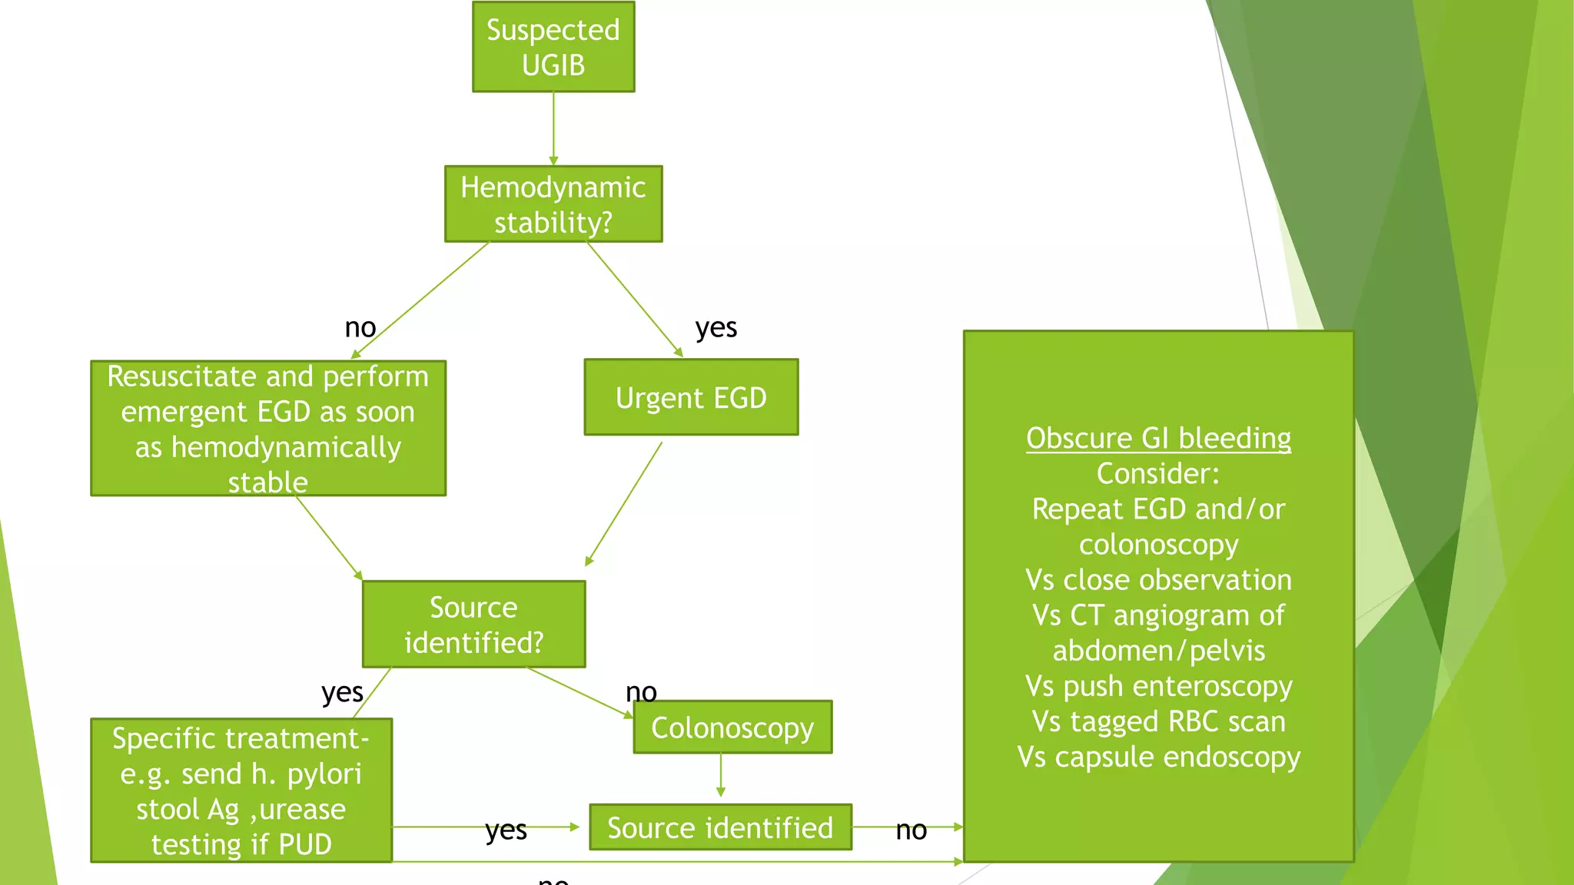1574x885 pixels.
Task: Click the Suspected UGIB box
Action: [553, 47]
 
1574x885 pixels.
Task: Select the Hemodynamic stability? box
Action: [553, 204]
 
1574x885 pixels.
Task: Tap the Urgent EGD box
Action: [691, 397]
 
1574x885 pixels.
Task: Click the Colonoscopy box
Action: [732, 727]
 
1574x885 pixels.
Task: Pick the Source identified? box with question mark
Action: [473, 624]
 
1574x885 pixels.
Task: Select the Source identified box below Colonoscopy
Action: [720, 827]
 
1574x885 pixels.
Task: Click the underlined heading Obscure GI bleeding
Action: [1158, 438]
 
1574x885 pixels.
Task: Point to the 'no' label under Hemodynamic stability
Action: [360, 328]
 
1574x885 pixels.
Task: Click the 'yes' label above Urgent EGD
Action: [716, 328]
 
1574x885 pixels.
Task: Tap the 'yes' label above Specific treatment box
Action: [342, 693]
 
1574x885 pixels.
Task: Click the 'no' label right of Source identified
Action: [911, 830]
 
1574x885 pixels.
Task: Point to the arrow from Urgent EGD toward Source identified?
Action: [624, 504]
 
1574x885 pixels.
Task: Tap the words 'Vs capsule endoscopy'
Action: [1158, 757]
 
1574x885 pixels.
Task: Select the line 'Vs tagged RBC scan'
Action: [1158, 721]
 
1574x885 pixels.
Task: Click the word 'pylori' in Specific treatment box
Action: [324, 774]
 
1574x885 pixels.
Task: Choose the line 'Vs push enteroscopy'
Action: [1158, 686]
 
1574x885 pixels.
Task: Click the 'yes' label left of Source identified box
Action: [506, 830]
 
